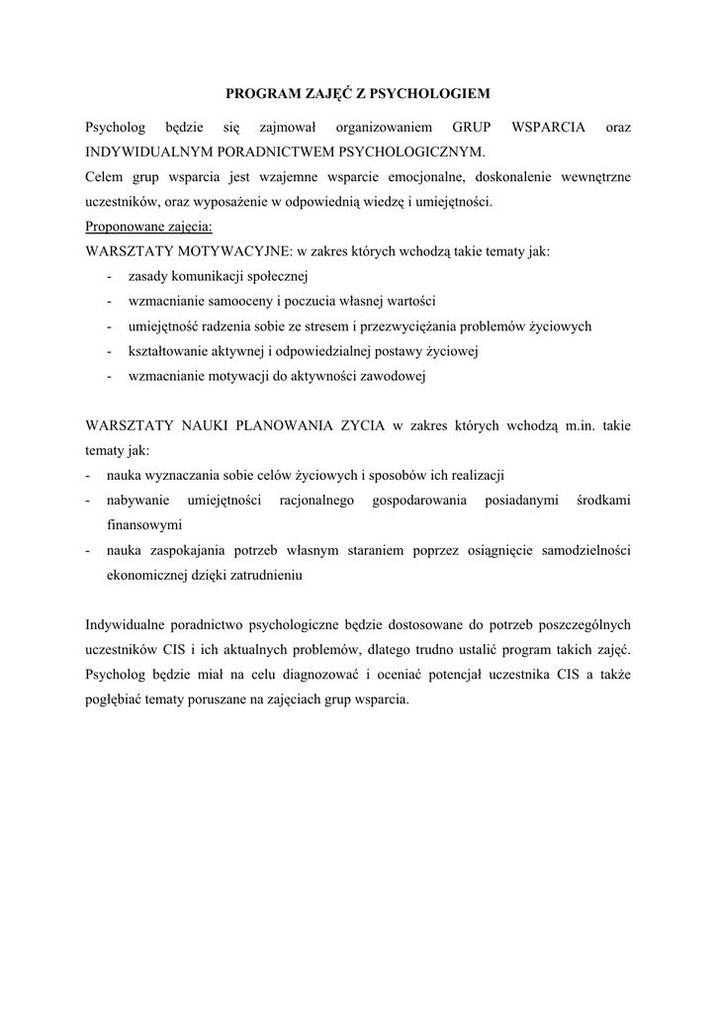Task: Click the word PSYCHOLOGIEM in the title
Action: pyautogui.click(x=437, y=94)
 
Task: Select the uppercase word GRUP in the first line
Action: pyautogui.click(x=472, y=128)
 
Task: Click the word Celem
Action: pyautogui.click(x=105, y=177)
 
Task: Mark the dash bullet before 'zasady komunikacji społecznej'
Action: pyautogui.click(x=106, y=276)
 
